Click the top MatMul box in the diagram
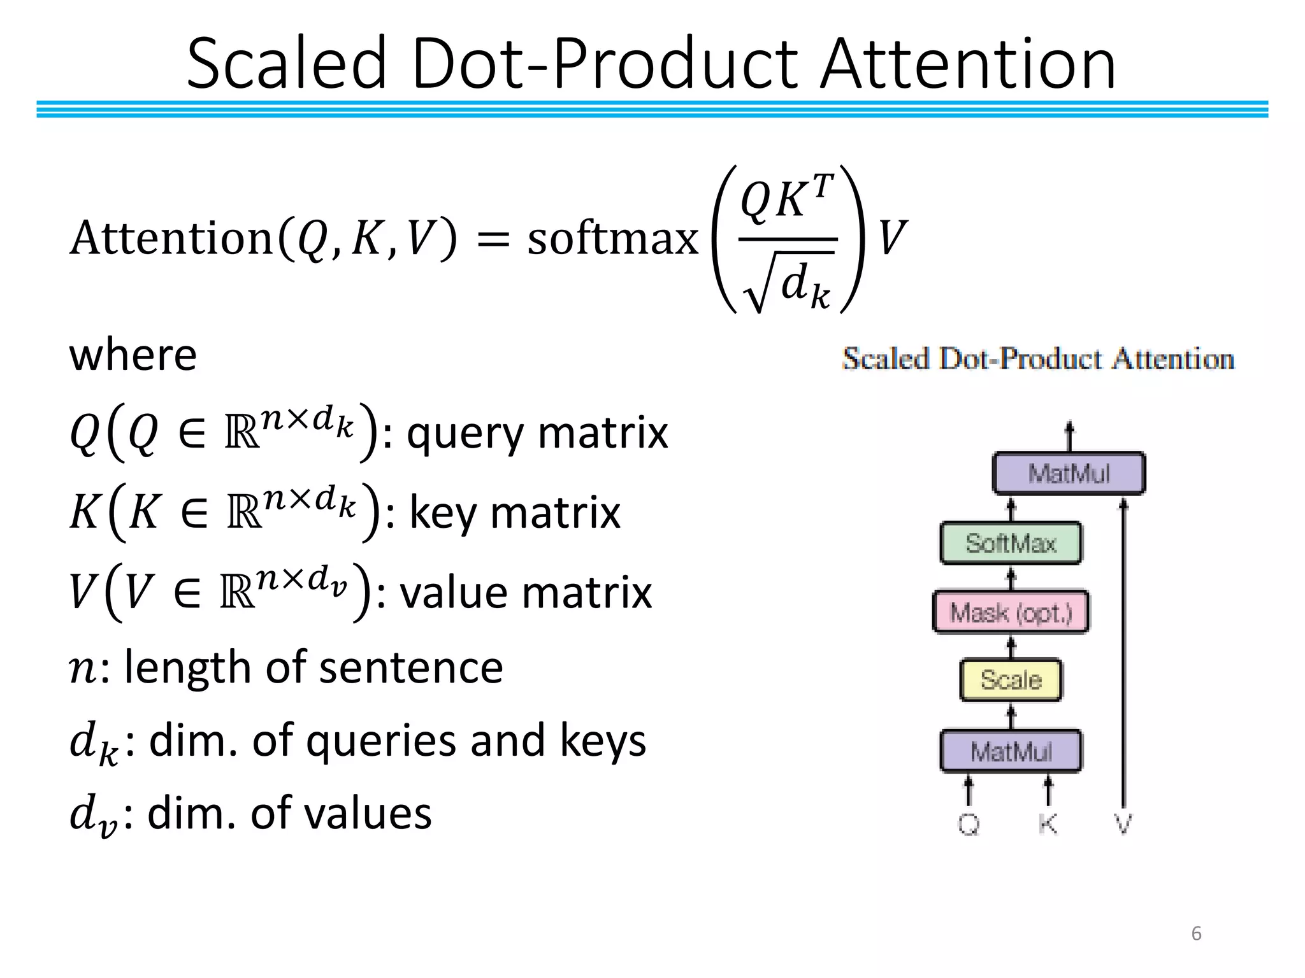point(1069,473)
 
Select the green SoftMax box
point(1011,543)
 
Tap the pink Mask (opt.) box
point(1011,613)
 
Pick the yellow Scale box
point(1011,680)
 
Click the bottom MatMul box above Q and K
point(1011,751)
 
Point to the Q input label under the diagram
point(969,824)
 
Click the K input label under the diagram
point(1048,824)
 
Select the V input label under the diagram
point(1123,824)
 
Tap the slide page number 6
point(1196,933)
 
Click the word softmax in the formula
point(612,239)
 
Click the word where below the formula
point(133,355)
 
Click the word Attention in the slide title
point(968,64)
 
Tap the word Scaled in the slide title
point(287,64)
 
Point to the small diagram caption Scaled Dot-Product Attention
point(1038,359)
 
